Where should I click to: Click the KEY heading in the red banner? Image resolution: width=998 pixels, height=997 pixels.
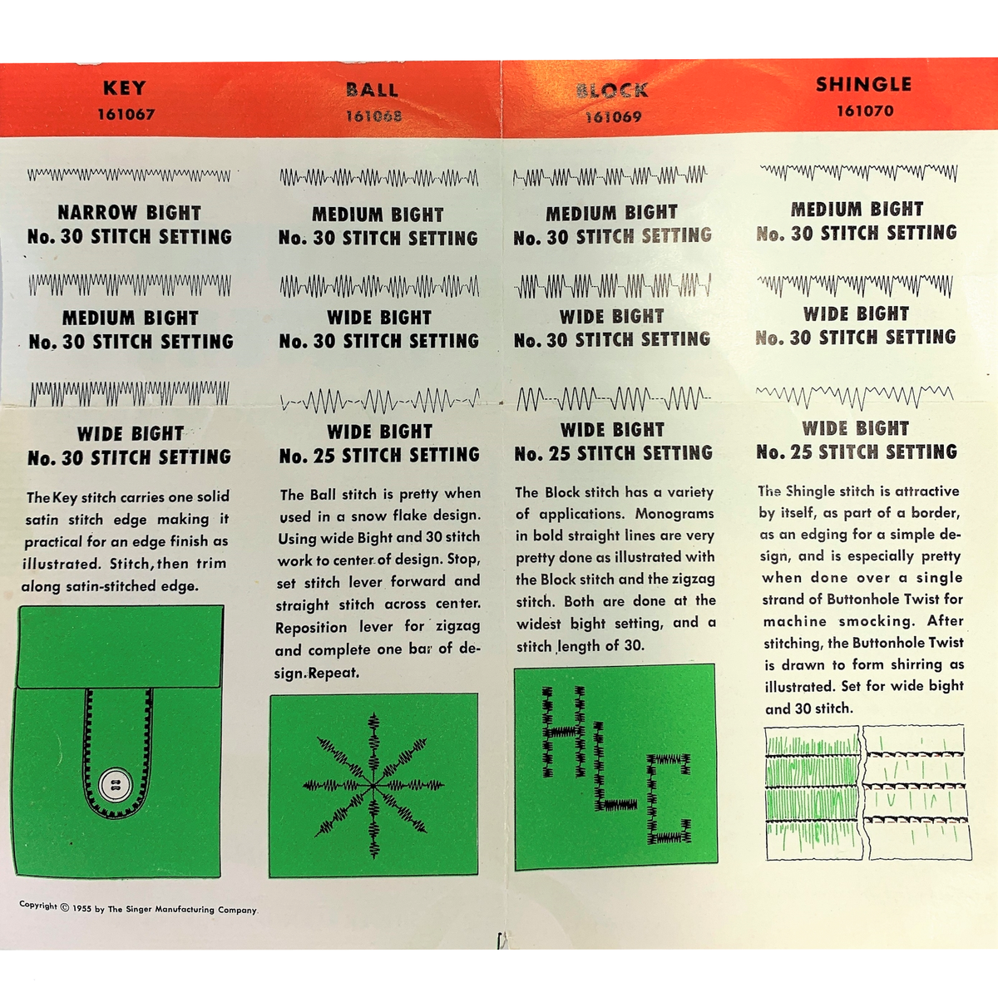tap(125, 88)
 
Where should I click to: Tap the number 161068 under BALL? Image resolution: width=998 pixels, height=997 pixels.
tap(373, 116)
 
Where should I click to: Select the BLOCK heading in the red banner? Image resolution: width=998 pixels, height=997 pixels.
tap(613, 91)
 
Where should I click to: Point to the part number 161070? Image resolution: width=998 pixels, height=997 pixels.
tap(865, 111)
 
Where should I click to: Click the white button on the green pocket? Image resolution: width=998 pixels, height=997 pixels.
tap(115, 784)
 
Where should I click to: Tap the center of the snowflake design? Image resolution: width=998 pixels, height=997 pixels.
tap(373, 784)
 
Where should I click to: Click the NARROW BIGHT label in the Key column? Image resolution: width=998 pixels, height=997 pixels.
tap(129, 213)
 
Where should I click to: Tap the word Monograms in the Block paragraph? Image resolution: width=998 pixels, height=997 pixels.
tap(674, 514)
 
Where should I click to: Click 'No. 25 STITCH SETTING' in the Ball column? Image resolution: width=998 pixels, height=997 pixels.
tap(379, 456)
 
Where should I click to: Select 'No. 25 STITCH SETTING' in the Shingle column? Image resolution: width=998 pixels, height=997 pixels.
tap(857, 452)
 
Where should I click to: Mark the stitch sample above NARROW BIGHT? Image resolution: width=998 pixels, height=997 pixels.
tap(129, 175)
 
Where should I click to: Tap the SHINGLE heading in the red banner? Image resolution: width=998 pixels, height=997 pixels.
tap(863, 85)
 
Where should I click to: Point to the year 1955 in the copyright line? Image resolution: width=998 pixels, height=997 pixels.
tap(82, 908)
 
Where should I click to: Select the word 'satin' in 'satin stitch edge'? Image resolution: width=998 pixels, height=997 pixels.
tap(42, 520)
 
